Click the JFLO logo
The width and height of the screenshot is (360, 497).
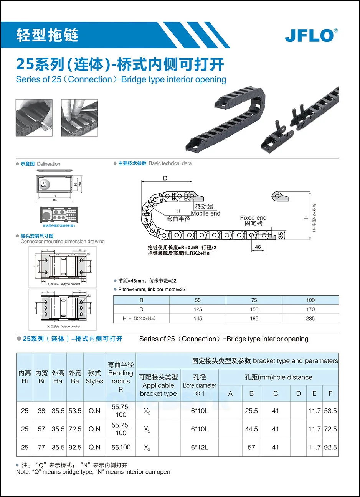[x=311, y=35]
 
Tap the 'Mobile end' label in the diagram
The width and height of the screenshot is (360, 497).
[x=206, y=214]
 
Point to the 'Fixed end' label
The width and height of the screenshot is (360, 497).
[x=253, y=217]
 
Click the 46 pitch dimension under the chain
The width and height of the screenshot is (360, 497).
[x=258, y=247]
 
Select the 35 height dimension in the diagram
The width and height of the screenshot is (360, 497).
[x=281, y=235]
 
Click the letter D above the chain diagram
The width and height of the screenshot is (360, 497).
[x=165, y=178]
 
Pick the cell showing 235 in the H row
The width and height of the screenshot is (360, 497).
[x=310, y=318]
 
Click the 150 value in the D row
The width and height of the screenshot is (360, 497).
[x=254, y=309]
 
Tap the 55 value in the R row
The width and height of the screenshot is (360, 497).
[x=198, y=300]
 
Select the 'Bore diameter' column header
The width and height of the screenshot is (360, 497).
[x=200, y=385]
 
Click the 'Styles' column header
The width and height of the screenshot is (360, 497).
[x=94, y=381]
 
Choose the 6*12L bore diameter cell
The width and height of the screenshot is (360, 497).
[x=200, y=447]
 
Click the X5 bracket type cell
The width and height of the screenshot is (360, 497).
[x=147, y=448]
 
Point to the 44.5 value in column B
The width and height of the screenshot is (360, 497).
[x=251, y=429]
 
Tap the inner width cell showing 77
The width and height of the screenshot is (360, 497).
[x=41, y=447]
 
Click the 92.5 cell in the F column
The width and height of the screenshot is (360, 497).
[x=330, y=447]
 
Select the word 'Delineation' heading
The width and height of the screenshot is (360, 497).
[x=49, y=164]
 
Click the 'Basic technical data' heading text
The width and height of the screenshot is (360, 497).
[x=170, y=163]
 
